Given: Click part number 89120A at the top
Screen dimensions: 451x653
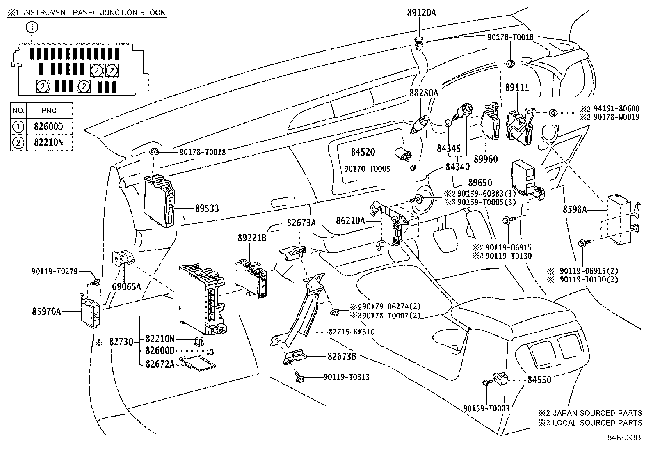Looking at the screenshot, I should pos(421,13).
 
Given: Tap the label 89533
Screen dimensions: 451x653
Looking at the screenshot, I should pos(207,208).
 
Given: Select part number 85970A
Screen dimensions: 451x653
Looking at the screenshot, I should pos(46,312).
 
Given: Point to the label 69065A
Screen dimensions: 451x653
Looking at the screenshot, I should pos(127,286).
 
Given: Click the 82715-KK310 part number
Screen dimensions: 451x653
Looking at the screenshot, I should pos(352,332).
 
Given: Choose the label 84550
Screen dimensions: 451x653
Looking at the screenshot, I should pos(539,380).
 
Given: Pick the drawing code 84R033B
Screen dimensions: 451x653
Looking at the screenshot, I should pos(624,437).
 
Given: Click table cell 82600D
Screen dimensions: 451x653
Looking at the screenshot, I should pos(49,126).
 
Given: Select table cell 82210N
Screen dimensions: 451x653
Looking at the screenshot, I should pos(49,143).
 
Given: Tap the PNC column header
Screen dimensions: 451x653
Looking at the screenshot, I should pos(49,111).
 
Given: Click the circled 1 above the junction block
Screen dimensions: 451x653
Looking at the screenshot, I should pos(32,27).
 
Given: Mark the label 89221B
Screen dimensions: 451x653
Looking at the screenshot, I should pos(252,238).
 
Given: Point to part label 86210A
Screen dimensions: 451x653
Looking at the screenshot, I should pos(350,221).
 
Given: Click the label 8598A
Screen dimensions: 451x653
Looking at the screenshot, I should pos(574,210).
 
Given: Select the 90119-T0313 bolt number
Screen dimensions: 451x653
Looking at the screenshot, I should pos(347,377).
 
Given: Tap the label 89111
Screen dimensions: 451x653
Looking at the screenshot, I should pos(517,87).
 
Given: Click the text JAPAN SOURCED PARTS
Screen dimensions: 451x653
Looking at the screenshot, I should pos(598,413).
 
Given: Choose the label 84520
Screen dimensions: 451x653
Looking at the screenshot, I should pos(363,152).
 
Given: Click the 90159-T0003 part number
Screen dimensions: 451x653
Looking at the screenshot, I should pos(486,408).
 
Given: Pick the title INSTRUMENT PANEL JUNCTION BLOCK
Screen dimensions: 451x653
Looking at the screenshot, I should pos(94,12).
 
